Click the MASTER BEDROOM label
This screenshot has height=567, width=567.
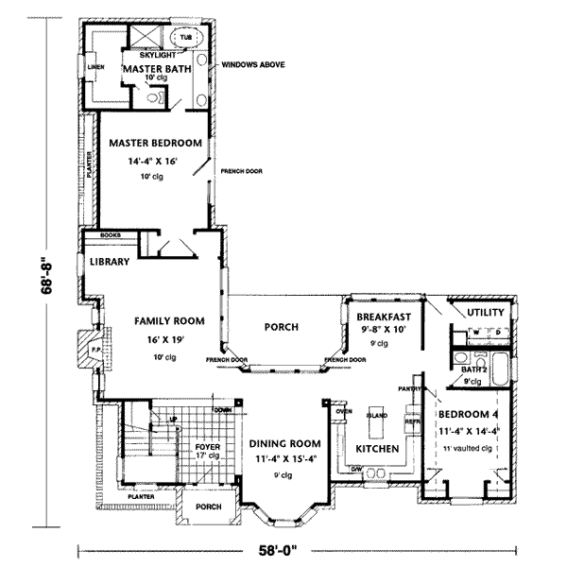coord(156,143)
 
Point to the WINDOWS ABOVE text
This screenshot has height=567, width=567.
coord(252,65)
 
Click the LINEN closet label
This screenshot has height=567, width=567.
coord(94,68)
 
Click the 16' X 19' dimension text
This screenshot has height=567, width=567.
coord(164,338)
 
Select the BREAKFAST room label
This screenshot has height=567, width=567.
coord(383,317)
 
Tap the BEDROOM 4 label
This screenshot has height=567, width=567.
coord(469,414)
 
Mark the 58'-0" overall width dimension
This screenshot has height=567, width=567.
coord(287,550)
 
